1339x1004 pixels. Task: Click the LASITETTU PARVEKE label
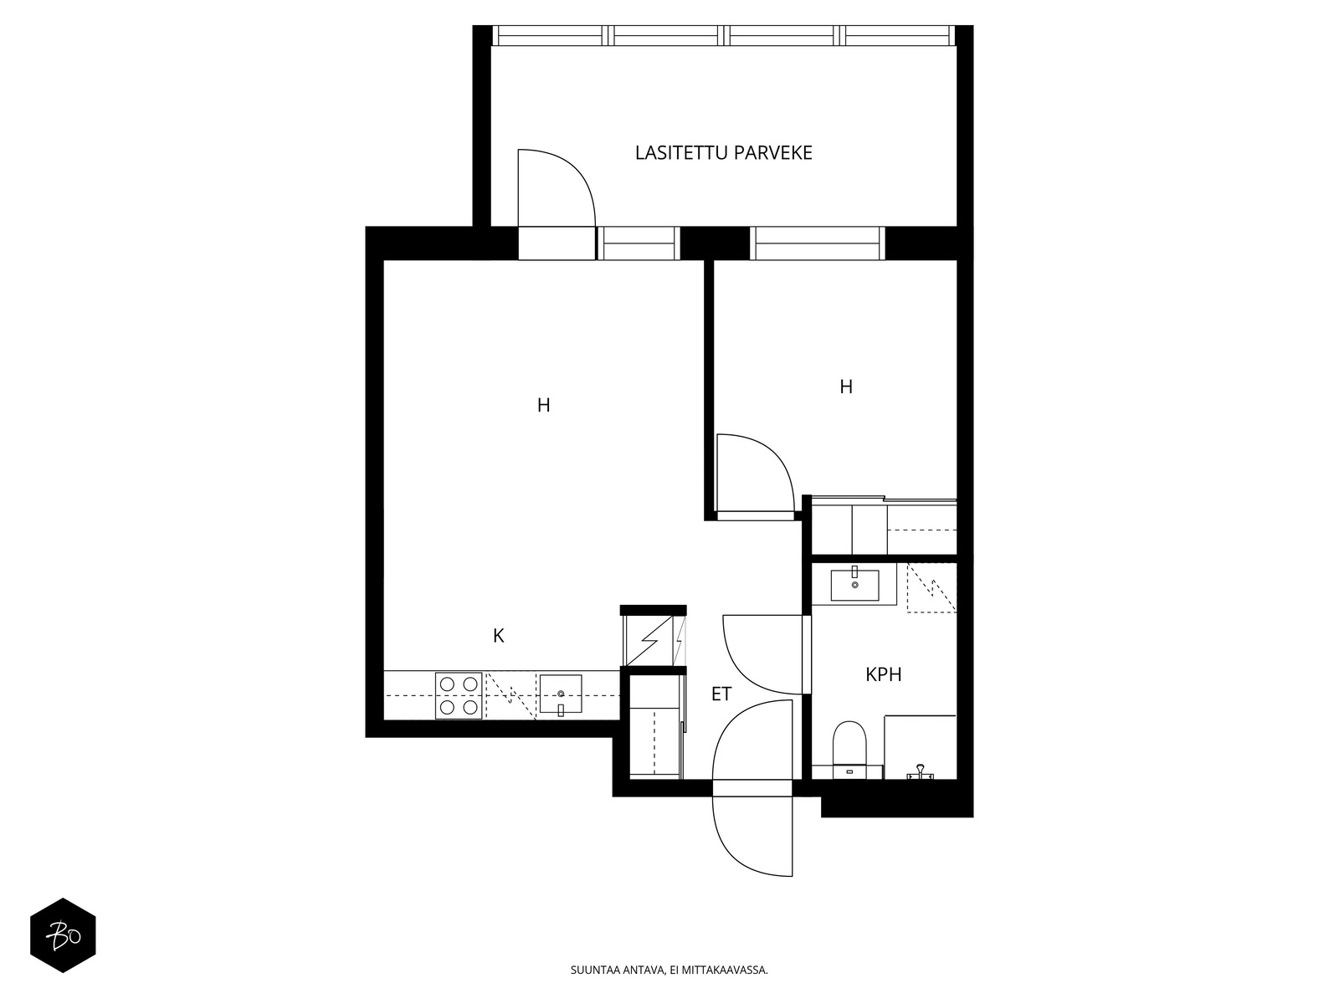coord(724,152)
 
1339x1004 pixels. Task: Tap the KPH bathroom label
coord(883,674)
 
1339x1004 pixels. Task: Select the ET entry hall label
coord(721,694)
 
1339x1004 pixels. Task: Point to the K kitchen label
coord(499,636)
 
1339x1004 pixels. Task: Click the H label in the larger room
coord(543,405)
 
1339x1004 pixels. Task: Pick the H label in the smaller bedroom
coord(846,387)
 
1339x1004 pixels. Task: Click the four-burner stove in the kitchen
coord(459,695)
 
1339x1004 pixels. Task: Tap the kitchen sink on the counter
coord(561,694)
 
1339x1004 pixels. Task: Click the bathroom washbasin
coord(854,584)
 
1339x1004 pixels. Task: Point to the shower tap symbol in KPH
coord(920,772)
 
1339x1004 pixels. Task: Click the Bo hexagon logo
coord(63,935)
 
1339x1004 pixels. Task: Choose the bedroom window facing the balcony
coord(818,243)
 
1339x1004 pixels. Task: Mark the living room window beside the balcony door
coord(638,243)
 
